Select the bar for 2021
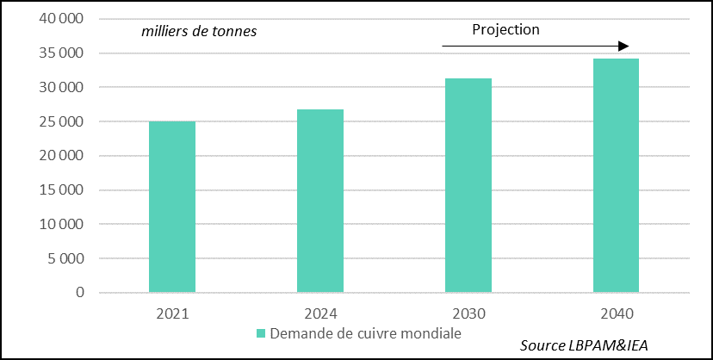(x=172, y=207)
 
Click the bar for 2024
(x=320, y=201)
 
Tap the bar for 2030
(x=468, y=185)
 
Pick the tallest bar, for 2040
(x=616, y=176)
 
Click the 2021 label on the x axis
(x=172, y=313)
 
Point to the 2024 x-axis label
(x=320, y=313)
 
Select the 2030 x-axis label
(x=468, y=313)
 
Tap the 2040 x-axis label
(x=616, y=313)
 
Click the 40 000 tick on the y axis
(x=60, y=19)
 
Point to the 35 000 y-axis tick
(x=60, y=53)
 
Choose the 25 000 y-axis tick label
(x=60, y=121)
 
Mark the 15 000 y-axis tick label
(x=60, y=190)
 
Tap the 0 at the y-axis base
(x=79, y=293)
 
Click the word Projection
(x=505, y=29)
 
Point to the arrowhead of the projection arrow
(x=624, y=46)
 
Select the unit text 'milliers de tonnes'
(x=200, y=32)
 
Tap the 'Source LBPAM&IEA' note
(x=584, y=345)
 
